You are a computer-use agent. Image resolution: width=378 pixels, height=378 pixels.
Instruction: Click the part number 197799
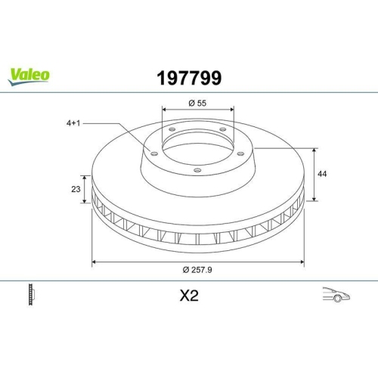(189, 78)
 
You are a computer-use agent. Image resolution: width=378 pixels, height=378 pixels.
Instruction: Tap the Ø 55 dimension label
(197, 103)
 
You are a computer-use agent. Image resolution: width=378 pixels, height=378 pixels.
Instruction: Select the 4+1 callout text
(73, 123)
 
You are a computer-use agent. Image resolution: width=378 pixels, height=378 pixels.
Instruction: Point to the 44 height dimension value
(322, 174)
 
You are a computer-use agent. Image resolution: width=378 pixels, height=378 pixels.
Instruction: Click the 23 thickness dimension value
(76, 189)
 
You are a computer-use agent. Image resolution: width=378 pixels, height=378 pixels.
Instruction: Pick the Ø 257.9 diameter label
(197, 270)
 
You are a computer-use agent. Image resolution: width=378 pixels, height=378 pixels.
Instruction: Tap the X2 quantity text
(189, 296)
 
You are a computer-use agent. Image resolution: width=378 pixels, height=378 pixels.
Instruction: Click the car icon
(336, 294)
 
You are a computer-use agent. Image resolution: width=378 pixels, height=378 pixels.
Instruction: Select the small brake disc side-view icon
(31, 294)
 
